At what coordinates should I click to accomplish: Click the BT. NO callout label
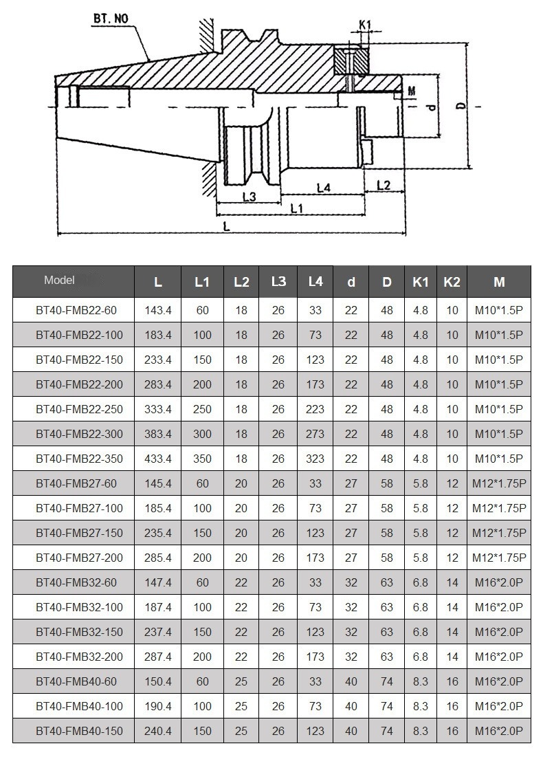(x=111, y=19)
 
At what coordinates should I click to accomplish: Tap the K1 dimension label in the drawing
(x=365, y=25)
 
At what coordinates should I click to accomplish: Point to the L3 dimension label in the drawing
(x=250, y=197)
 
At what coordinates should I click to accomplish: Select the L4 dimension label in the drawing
(x=323, y=188)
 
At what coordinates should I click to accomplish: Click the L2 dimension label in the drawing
(x=384, y=185)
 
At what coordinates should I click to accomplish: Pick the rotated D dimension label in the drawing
(x=461, y=105)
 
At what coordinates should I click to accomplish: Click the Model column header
(x=59, y=280)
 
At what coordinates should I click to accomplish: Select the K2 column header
(x=452, y=282)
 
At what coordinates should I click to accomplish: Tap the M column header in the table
(x=499, y=282)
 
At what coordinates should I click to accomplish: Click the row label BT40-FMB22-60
(x=76, y=310)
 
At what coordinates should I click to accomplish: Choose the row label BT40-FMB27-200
(x=79, y=558)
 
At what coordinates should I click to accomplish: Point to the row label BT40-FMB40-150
(x=79, y=731)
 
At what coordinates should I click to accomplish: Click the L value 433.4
(x=158, y=459)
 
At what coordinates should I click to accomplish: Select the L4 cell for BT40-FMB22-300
(x=315, y=434)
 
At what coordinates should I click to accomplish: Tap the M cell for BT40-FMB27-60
(x=499, y=483)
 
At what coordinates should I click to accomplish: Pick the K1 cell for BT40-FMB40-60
(x=421, y=681)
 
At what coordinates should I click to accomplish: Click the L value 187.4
(x=158, y=607)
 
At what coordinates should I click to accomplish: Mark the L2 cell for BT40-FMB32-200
(x=241, y=657)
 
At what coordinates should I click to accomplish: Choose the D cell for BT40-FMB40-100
(x=387, y=706)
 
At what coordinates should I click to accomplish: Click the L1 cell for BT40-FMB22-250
(x=202, y=409)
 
